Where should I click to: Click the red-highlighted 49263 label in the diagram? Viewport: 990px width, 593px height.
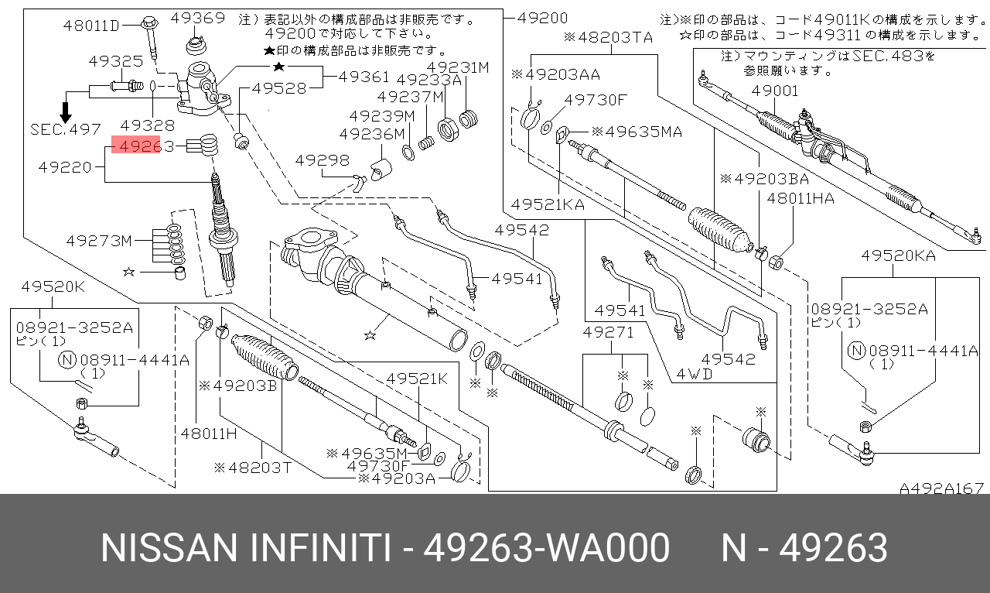click(x=136, y=146)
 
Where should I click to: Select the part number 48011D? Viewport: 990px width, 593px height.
click(x=92, y=26)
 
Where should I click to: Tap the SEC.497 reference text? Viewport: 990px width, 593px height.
click(x=66, y=130)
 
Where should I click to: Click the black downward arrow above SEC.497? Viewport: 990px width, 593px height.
click(x=66, y=107)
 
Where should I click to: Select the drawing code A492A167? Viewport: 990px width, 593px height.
click(x=941, y=488)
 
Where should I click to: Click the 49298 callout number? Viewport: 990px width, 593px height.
click(x=323, y=160)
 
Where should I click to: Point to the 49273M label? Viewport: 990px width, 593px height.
click(x=99, y=241)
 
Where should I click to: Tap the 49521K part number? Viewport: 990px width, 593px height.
click(x=417, y=379)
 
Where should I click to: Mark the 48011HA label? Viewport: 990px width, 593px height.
click(x=801, y=198)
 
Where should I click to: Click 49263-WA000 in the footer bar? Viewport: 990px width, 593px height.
click(x=548, y=549)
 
